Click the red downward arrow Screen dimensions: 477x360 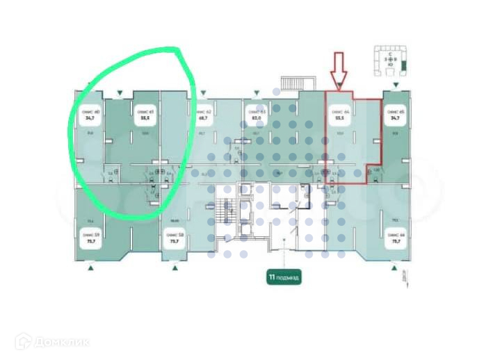339,70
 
